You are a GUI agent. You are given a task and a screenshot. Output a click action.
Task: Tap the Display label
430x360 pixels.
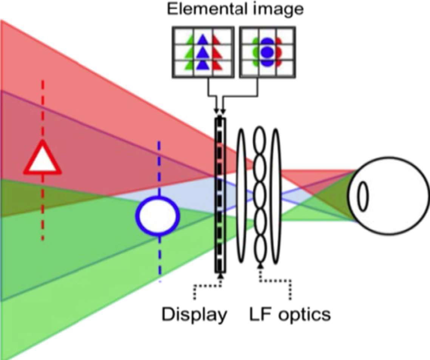tap(195, 315)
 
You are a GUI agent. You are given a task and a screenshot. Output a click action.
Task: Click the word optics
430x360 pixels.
tap(305, 315)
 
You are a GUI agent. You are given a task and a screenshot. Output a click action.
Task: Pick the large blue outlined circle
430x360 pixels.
tap(158, 216)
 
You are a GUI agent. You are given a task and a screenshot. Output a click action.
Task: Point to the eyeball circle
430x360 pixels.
tap(388, 196)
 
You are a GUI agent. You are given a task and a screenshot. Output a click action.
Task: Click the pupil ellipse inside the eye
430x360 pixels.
tap(363, 196)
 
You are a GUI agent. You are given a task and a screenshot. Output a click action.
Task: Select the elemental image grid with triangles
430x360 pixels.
tap(203, 52)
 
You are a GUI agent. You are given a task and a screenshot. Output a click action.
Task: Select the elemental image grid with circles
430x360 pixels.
tap(268, 52)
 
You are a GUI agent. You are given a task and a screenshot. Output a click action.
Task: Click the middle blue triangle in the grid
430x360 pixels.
tap(203, 51)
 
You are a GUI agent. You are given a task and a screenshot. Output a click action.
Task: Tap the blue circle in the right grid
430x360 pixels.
tap(267, 52)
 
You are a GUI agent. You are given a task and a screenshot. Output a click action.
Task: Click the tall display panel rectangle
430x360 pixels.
tap(220, 196)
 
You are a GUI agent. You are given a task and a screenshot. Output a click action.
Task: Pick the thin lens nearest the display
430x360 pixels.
tap(241, 196)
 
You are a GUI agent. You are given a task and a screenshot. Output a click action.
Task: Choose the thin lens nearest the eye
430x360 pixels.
tap(276, 196)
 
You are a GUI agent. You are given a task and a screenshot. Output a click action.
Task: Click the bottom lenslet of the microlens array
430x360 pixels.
tap(260, 249)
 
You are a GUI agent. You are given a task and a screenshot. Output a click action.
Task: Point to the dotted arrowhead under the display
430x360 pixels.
tap(221, 276)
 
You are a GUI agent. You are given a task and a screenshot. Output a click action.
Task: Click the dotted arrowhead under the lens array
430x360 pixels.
tap(260, 265)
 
